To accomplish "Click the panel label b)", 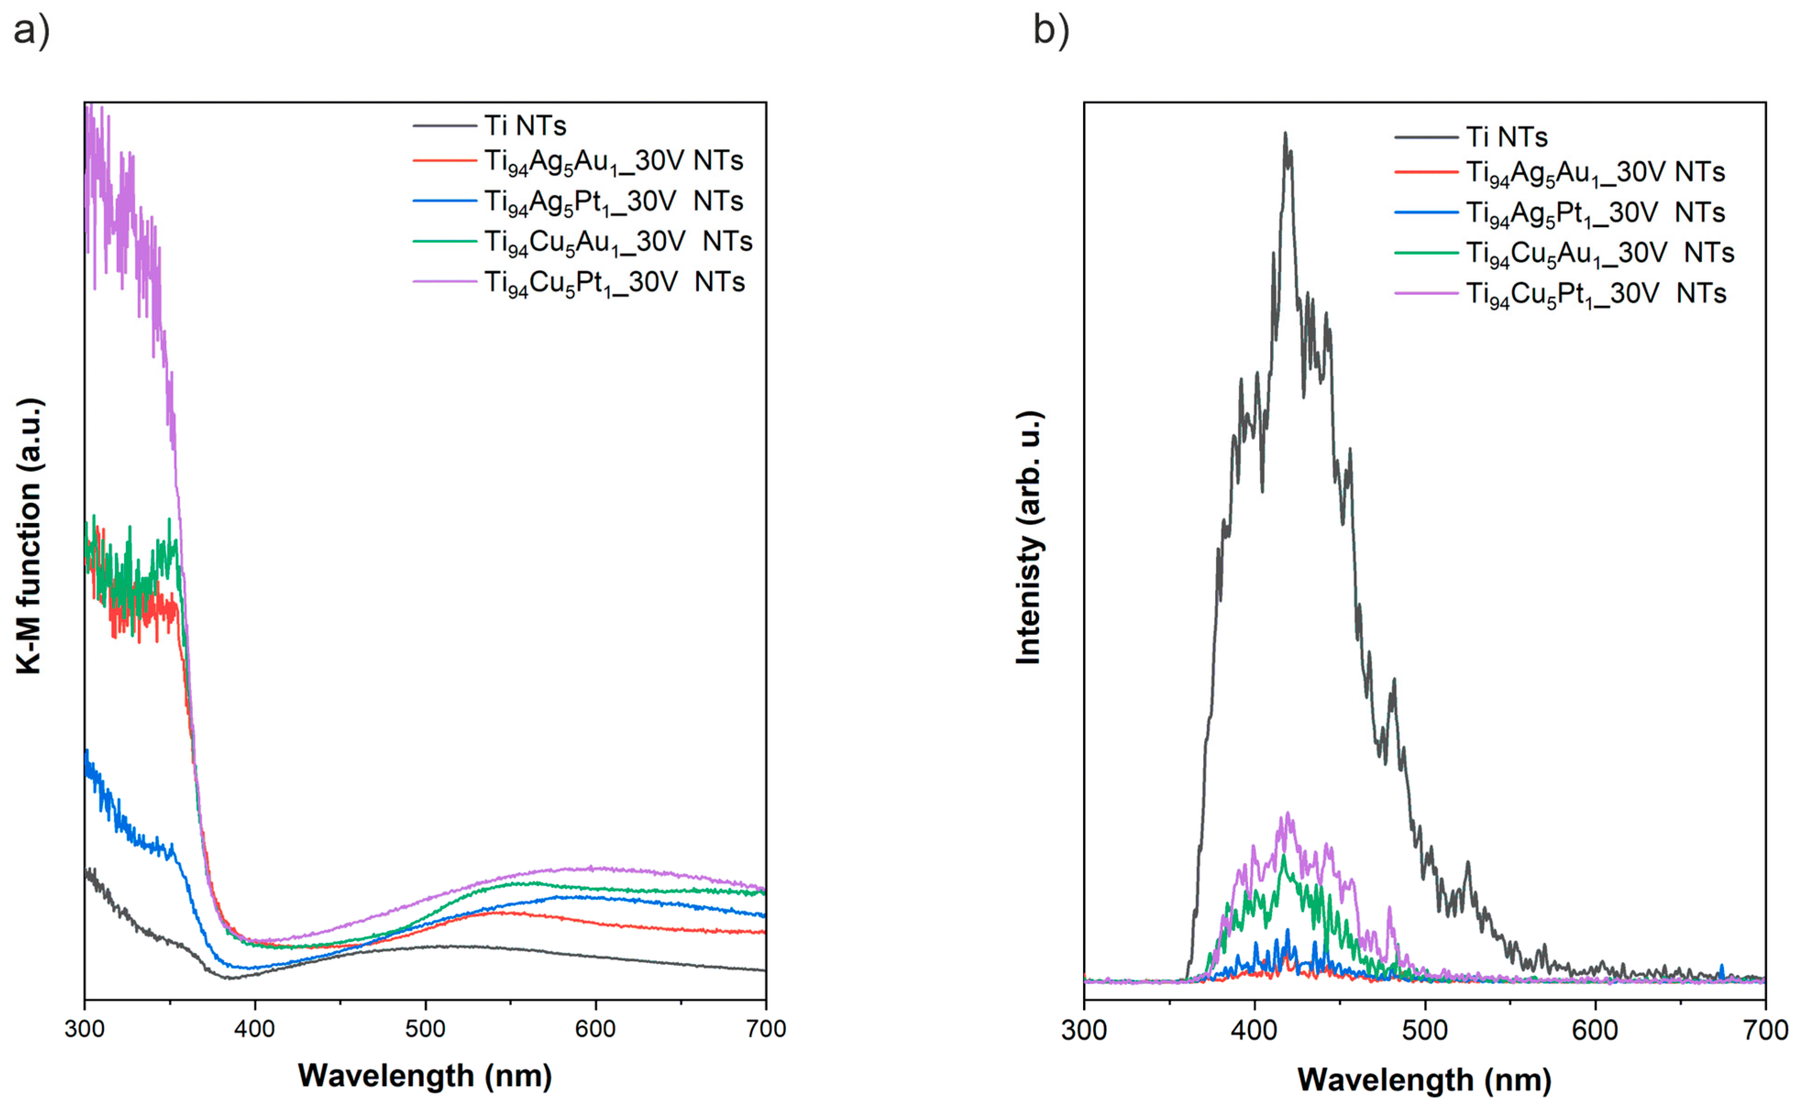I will (1051, 30).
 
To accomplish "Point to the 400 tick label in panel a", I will (254, 1029).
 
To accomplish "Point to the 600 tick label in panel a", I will (595, 1029).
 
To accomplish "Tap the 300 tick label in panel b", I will (1084, 1030).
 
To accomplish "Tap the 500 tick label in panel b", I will (1425, 1030).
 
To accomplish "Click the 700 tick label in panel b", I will (1765, 1030).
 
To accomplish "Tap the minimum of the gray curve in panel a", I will (229, 978).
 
